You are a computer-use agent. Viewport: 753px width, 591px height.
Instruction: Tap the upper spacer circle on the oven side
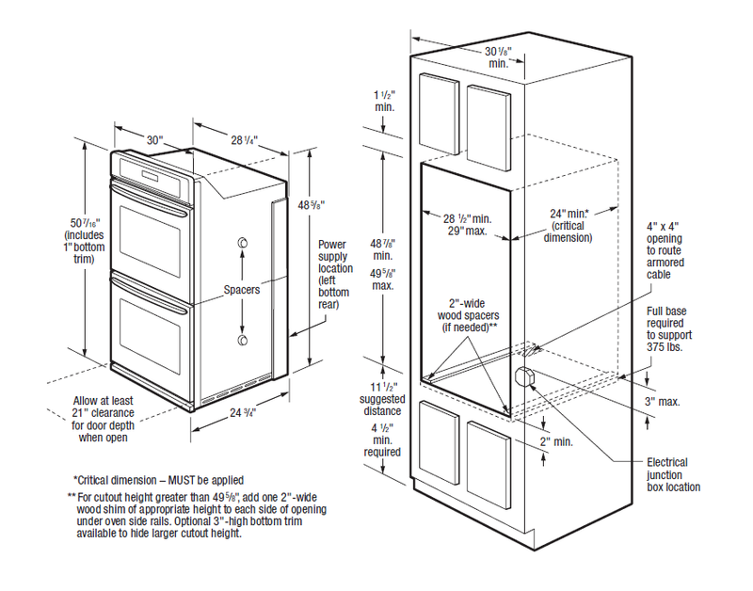243,246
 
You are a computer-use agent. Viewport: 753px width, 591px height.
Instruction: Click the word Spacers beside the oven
242,290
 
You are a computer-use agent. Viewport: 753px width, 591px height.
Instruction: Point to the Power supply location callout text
335,273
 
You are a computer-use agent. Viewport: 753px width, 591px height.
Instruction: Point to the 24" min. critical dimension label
564,225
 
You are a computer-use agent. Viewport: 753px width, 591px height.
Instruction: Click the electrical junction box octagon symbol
524,379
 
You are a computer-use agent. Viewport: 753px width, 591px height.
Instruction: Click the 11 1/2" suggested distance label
382,398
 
